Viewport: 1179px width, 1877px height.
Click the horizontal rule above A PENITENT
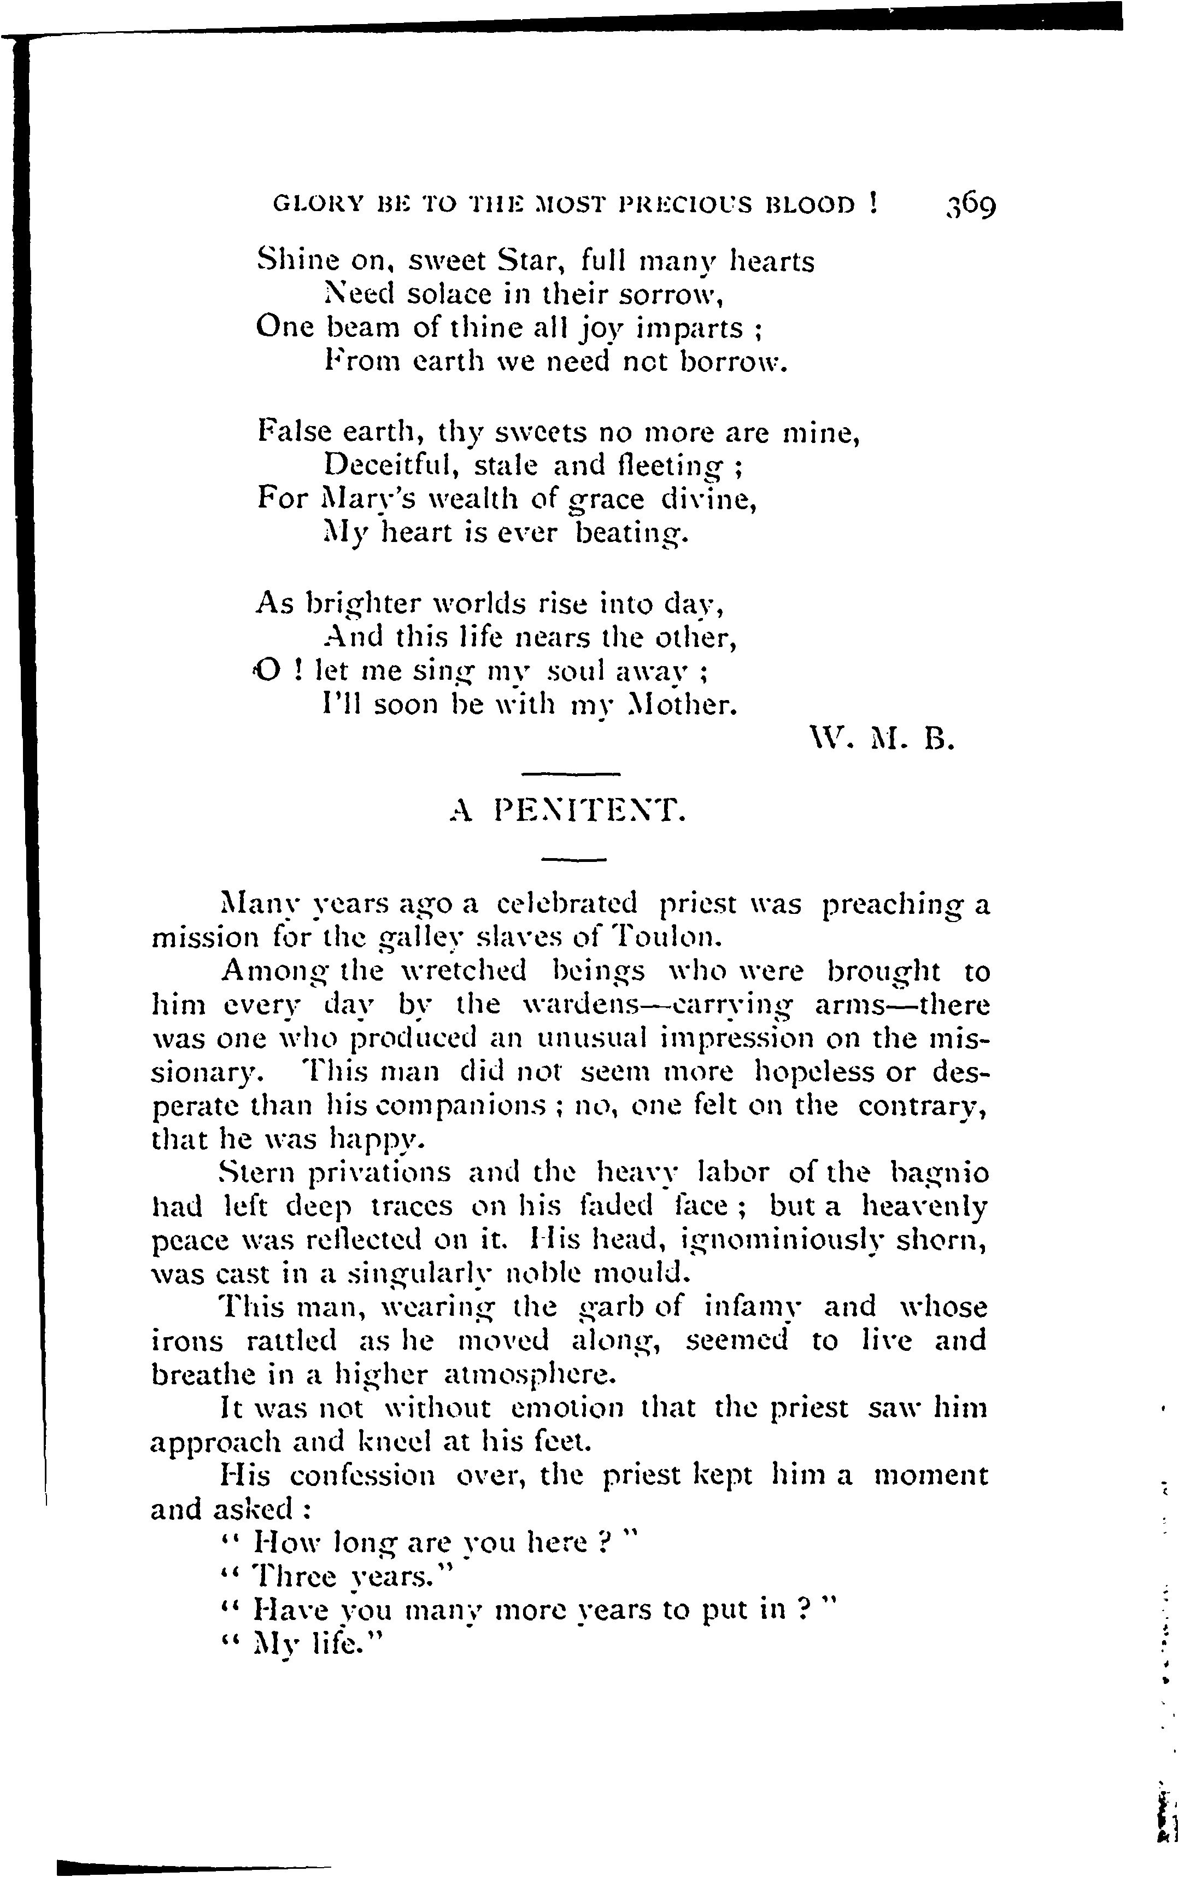(569, 774)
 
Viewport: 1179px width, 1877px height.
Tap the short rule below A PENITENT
(573, 860)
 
